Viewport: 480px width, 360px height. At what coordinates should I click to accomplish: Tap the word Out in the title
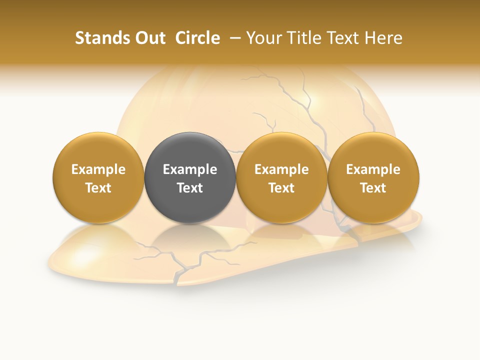coord(148,38)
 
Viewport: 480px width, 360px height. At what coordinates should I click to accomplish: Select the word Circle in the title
coord(197,38)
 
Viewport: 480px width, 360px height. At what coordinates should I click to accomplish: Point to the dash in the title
coord(236,38)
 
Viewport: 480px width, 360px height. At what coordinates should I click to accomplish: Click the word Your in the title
coord(262,38)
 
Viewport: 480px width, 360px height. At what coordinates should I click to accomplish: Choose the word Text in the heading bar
coord(340,38)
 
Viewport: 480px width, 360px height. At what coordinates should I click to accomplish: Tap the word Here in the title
coord(383,38)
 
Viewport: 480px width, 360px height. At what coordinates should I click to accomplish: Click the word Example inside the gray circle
coord(190,169)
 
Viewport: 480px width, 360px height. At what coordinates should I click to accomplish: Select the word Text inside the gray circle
coord(190,188)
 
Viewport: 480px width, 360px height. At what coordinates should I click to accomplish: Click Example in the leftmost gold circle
coord(98,169)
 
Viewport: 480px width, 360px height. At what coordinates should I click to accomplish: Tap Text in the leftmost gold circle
coord(98,188)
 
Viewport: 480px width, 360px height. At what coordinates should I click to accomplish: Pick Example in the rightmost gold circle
coord(373,169)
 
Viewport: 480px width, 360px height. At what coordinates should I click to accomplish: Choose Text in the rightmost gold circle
coord(373,188)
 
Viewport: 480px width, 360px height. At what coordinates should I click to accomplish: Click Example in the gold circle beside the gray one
coord(281,169)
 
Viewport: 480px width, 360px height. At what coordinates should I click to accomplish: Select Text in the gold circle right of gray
coord(281,188)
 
